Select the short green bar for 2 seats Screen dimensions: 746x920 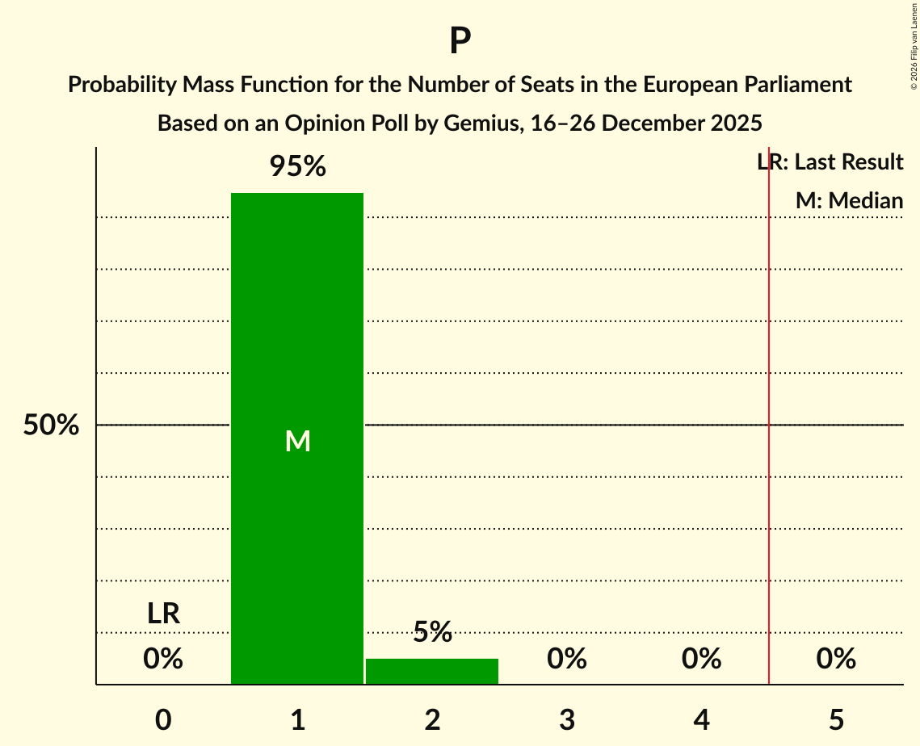(x=432, y=672)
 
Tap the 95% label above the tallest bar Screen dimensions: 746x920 (x=297, y=166)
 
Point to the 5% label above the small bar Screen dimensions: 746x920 (x=432, y=631)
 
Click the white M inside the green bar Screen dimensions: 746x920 (x=297, y=441)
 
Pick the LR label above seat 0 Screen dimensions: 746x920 (x=163, y=614)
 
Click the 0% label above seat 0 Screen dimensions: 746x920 (x=163, y=659)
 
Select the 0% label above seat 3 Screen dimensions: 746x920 (x=567, y=659)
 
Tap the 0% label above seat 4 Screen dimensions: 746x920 (x=701, y=659)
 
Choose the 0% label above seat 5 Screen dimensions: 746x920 (x=836, y=659)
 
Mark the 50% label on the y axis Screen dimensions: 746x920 (x=51, y=425)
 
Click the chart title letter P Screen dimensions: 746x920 (x=460, y=40)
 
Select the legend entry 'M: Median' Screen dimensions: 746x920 (x=849, y=200)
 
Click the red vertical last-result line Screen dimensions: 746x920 (x=769, y=484)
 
